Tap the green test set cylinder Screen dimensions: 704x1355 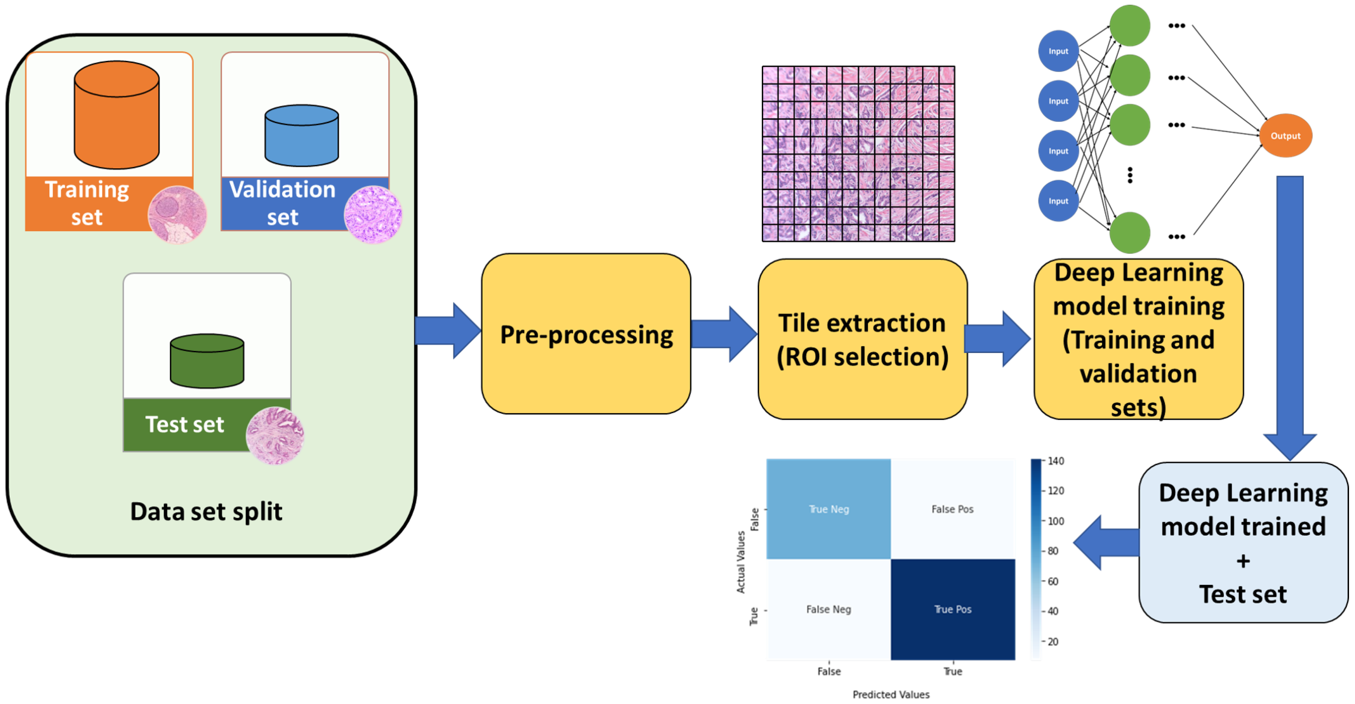[x=207, y=361]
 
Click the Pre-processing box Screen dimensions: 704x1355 [x=586, y=334]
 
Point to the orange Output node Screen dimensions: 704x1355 [x=1285, y=136]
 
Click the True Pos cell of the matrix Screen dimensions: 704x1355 [x=953, y=609]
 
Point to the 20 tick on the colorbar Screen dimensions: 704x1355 [x=1052, y=641]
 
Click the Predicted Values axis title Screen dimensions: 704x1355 [x=891, y=695]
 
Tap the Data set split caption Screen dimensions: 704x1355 [x=206, y=511]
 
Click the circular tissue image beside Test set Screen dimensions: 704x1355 [x=274, y=436]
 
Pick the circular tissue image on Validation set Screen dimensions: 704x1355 [x=373, y=214]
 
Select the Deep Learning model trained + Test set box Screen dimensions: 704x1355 [x=1243, y=543]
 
